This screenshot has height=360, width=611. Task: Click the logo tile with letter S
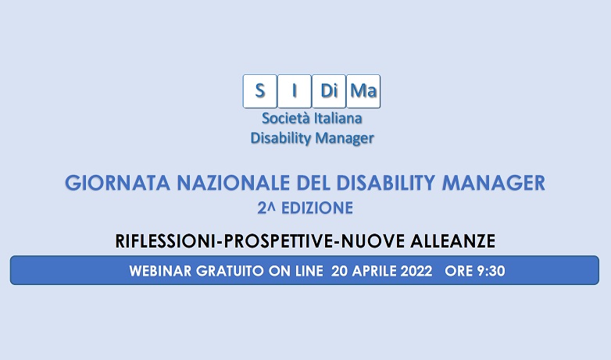coord(259,91)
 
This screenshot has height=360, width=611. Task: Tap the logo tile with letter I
coord(294,91)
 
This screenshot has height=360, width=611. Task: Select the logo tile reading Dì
coord(328,91)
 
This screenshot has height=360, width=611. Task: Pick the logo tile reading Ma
coord(363,91)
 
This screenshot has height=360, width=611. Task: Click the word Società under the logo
coord(287,119)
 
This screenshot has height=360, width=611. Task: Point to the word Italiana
coord(339,119)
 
